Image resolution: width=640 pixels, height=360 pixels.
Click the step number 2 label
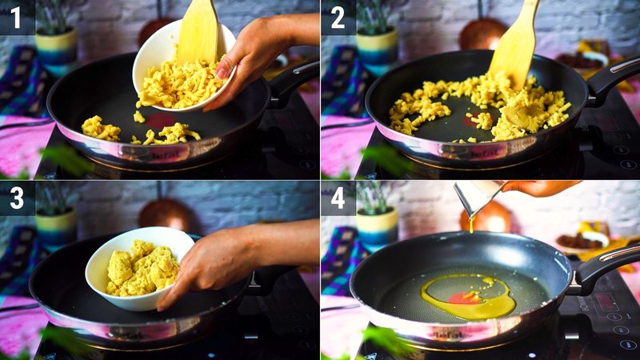click(338, 17)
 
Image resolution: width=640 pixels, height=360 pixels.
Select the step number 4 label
click(338, 198)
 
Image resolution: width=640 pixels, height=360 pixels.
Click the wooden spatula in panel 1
click(197, 32)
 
